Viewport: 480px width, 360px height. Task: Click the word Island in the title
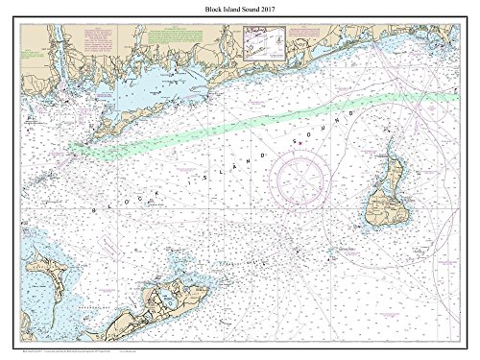click(234, 9)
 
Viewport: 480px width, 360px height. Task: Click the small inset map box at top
click(263, 43)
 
